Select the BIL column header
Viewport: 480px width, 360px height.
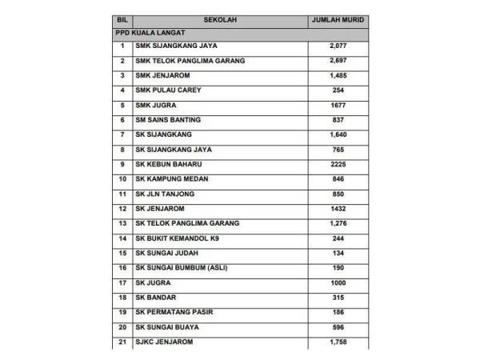click(122, 18)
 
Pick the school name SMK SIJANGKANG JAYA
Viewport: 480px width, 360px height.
click(177, 46)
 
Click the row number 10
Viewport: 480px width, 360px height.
click(122, 179)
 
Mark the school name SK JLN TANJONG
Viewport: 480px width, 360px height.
click(166, 194)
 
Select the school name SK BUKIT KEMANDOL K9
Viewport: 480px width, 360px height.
click(177, 238)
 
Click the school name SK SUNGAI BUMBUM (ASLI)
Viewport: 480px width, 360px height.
click(182, 268)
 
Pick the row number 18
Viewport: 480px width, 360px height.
click(122, 298)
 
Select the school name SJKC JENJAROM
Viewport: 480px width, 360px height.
click(165, 342)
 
